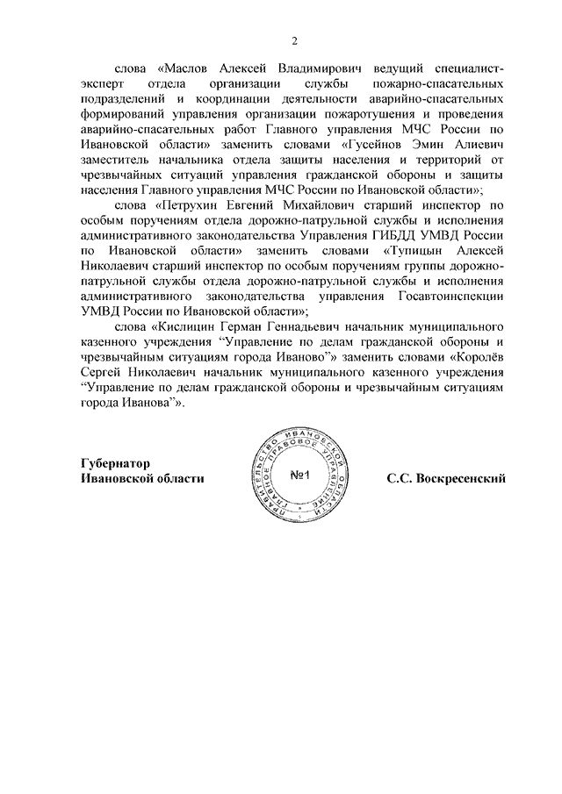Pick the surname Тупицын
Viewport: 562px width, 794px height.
tap(416, 253)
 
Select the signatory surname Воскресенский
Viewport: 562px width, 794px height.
tap(446, 478)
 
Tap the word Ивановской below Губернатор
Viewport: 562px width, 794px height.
tap(109, 478)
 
